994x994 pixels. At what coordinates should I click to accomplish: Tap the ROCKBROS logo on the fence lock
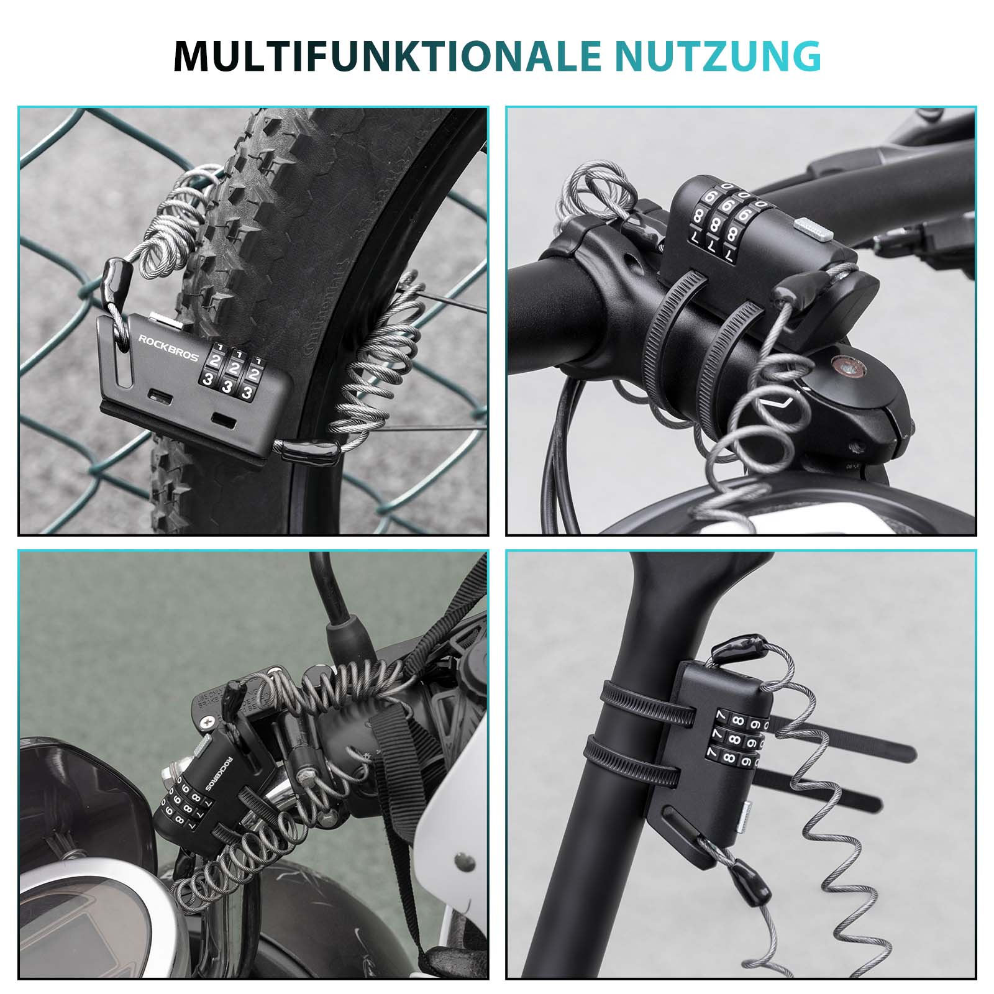point(168,349)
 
